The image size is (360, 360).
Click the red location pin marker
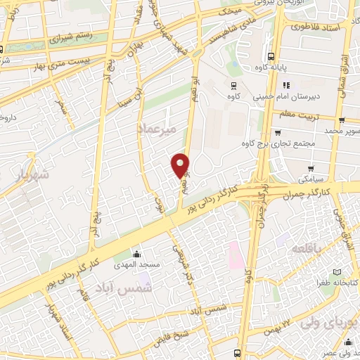(x=181, y=165)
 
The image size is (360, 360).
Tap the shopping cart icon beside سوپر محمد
(x=341, y=120)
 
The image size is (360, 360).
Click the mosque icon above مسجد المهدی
(x=136, y=253)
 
